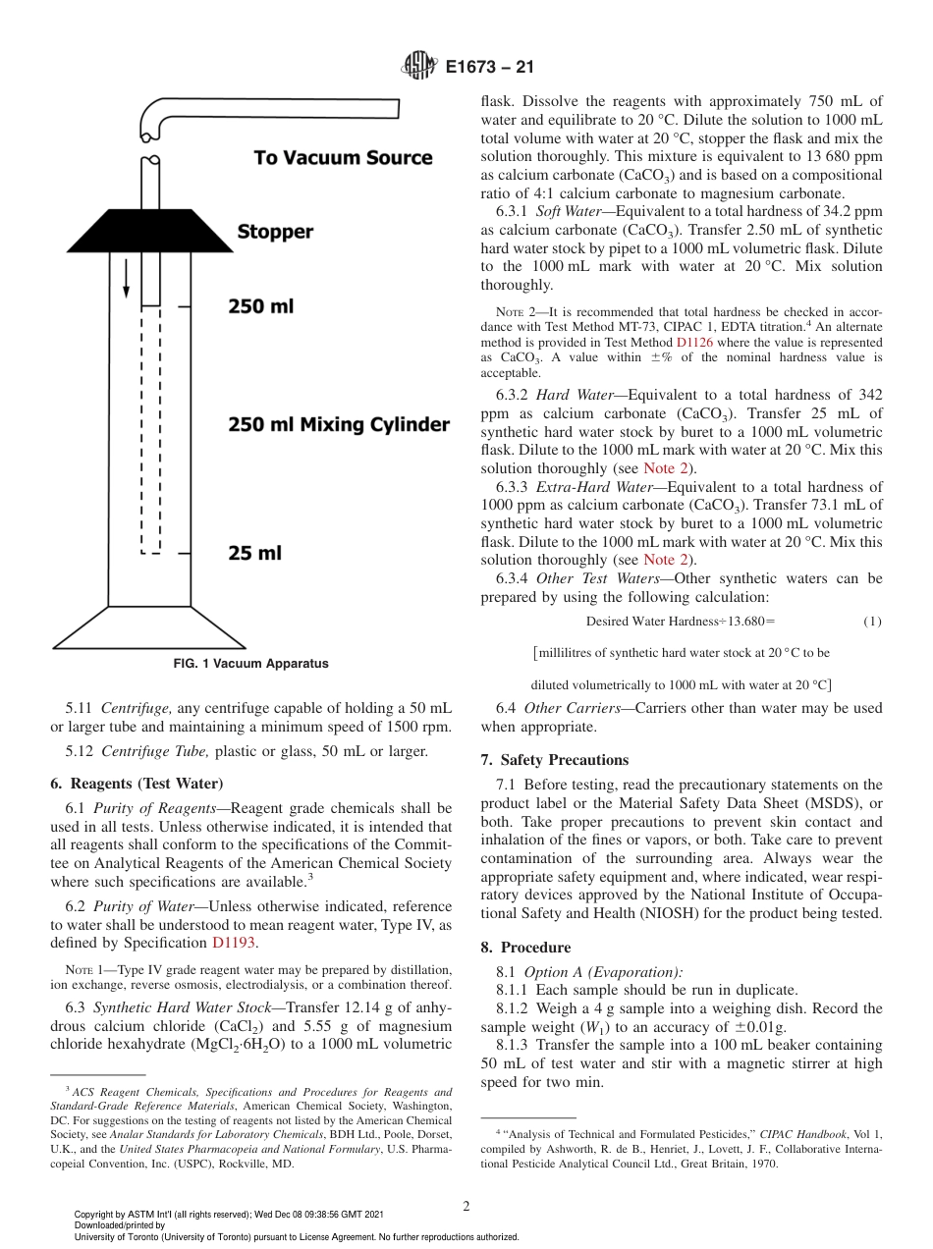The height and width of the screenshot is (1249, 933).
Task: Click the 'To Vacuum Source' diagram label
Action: pos(343,158)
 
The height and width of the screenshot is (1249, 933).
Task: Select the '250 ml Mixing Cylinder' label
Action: pos(339,425)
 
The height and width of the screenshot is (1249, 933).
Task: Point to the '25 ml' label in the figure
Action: pos(254,554)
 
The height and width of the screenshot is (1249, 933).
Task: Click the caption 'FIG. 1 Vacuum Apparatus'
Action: pos(250,664)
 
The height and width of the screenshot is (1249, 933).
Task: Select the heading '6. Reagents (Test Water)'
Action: pos(135,783)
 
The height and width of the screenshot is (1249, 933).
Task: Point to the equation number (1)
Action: pos(872,622)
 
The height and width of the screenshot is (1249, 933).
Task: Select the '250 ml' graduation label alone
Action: pos(260,307)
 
